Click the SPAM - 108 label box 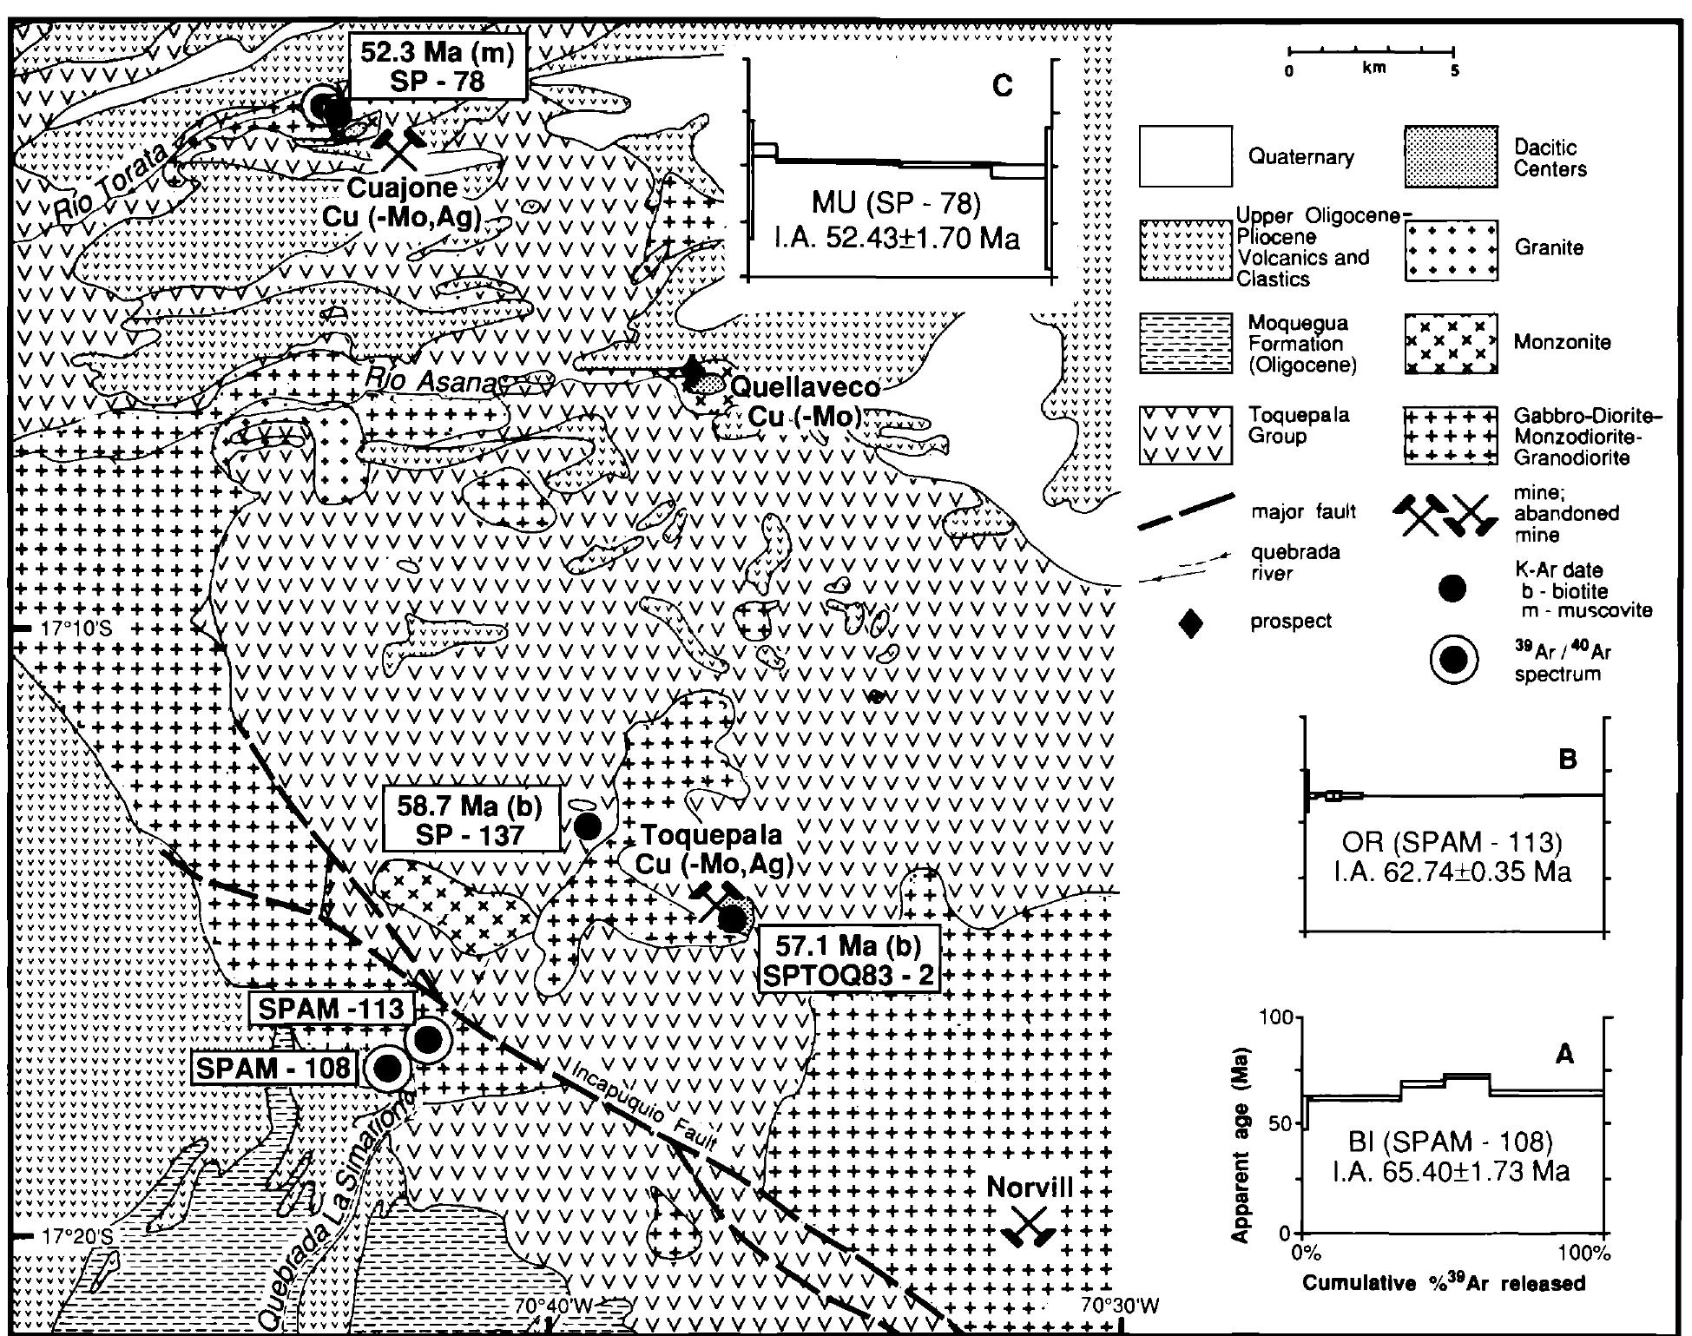click(275, 1068)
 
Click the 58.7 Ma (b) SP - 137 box click(470, 820)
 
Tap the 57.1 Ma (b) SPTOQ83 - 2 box click(849, 961)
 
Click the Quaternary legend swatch click(1185, 156)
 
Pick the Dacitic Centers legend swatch click(1451, 156)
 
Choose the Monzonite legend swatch click(1451, 343)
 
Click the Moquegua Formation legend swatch click(1185, 343)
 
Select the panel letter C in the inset click(1003, 88)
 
